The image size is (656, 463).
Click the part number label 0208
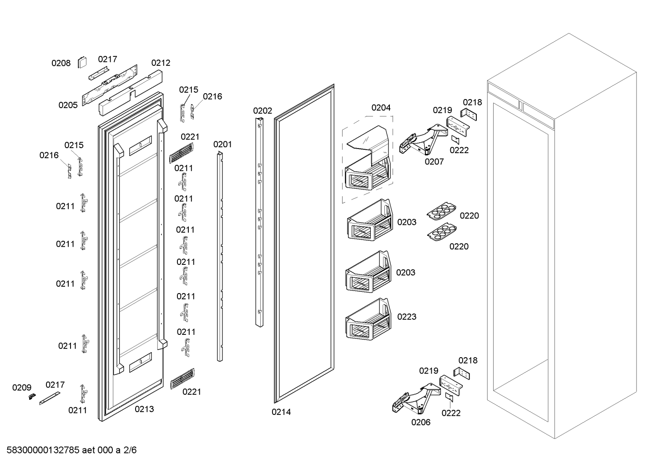coord(61,63)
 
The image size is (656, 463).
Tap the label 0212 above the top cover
coord(161,63)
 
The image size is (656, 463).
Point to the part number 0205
coord(68,105)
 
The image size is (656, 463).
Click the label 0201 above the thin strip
coord(222,144)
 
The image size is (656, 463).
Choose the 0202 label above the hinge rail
coord(262,110)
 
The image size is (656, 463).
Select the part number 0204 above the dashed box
coord(381,108)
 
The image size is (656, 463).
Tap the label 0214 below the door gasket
coord(281,412)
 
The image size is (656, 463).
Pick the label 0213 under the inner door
coord(144,409)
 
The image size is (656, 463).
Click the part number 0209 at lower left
coord(22,388)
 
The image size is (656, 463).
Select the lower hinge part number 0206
coord(421,422)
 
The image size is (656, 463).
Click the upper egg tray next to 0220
coord(441,211)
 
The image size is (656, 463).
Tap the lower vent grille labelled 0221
coord(182,378)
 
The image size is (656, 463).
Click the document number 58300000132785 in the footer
coord(43,450)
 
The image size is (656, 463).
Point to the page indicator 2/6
coord(130,450)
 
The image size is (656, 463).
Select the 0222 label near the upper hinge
coord(459,150)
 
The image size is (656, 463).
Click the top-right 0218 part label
coord(473,103)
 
